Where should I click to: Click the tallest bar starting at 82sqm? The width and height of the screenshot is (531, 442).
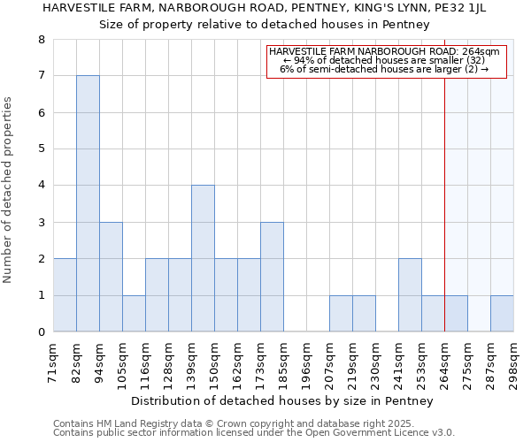pyautogui.click(x=88, y=203)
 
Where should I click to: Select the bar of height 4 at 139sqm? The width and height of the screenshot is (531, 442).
pyautogui.click(x=203, y=258)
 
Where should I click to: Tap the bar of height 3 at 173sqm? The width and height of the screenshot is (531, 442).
pyautogui.click(x=272, y=277)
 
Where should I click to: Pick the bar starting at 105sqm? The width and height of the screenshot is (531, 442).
pyautogui.click(x=134, y=313)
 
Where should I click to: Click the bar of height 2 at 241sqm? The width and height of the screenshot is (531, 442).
pyautogui.click(x=410, y=294)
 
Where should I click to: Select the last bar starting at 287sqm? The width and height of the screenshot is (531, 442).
pyautogui.click(x=502, y=313)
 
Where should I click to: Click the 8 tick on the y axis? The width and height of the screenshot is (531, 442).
pyautogui.click(x=41, y=40)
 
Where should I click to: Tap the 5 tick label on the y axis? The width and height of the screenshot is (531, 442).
pyautogui.click(x=41, y=149)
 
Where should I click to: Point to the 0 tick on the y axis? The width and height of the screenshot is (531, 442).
pyautogui.click(x=41, y=331)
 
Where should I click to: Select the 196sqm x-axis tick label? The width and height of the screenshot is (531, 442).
pyautogui.click(x=306, y=362)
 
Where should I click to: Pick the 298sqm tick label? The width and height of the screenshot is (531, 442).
pyautogui.click(x=513, y=362)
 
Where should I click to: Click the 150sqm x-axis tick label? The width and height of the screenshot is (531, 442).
pyautogui.click(x=214, y=362)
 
